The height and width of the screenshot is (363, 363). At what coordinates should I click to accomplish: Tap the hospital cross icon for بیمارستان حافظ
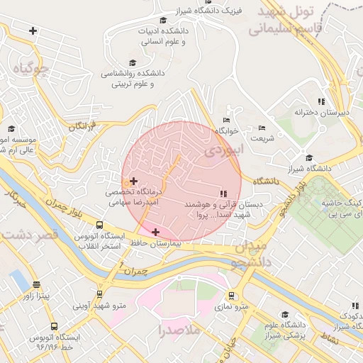point(155,232)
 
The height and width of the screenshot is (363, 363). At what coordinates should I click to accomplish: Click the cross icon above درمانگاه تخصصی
point(133,181)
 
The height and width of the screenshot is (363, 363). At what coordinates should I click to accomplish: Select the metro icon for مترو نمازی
point(231,295)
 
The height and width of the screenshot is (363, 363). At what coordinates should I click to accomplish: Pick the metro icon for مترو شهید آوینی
point(99,294)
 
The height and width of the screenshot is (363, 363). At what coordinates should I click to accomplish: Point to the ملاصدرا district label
point(162,330)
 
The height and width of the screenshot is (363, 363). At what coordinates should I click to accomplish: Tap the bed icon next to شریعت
point(262,128)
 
